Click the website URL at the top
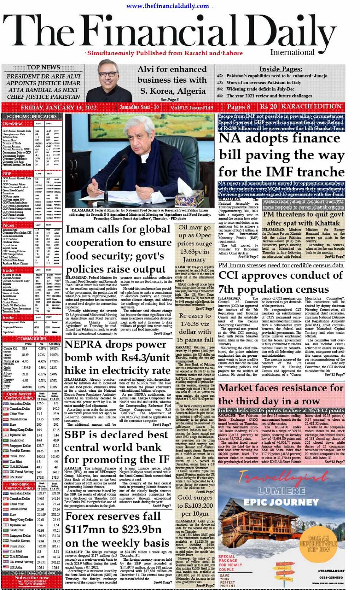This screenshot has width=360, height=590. point(168,6)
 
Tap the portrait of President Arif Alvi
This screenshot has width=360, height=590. point(109,82)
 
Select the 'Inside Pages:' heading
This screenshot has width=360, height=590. point(280,69)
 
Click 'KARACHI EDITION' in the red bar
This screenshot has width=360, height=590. point(312,107)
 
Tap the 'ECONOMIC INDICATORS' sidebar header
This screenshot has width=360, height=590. point(32,117)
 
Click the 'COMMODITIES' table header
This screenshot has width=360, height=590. point(32,338)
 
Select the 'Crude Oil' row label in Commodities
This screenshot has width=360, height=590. point(10,348)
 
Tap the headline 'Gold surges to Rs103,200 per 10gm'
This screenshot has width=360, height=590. point(195,505)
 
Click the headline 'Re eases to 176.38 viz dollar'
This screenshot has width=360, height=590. point(195,327)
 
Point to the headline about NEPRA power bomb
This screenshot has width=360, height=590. point(117,358)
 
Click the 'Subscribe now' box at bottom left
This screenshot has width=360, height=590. point(32,577)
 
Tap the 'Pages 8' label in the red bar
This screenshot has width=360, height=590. point(238,107)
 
